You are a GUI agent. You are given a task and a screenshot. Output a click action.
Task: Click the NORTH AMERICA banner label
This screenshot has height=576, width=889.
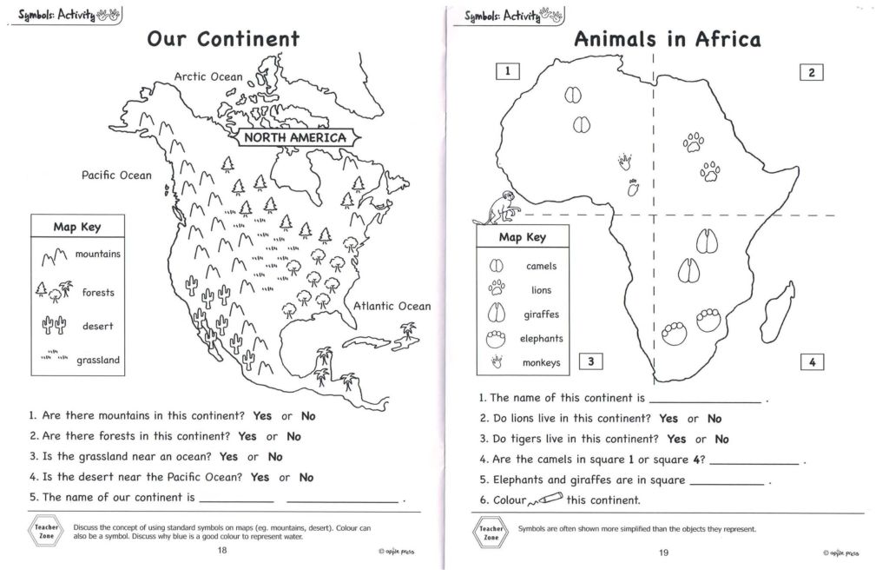coord(294,137)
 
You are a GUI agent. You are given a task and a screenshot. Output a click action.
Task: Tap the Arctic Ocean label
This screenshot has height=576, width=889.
coord(208,76)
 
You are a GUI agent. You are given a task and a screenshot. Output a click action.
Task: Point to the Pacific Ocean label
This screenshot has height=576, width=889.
coord(116,175)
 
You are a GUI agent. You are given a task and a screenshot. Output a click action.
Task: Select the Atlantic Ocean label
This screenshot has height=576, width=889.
coord(392,306)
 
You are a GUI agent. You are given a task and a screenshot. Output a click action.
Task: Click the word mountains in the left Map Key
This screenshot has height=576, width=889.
coord(98,255)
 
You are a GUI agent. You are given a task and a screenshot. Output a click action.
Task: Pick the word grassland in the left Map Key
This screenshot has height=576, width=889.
coord(98,360)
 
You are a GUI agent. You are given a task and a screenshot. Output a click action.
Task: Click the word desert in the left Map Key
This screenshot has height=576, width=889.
coord(98,327)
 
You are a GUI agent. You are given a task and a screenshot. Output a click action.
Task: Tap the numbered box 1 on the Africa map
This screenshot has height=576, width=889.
coord(507,71)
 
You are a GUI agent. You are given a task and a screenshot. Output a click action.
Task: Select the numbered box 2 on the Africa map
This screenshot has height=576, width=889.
coord(811,73)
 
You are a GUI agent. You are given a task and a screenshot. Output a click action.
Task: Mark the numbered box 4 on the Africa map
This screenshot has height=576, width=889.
coord(811,362)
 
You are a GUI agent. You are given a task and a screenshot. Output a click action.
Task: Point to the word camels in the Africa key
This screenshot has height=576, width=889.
coord(542,267)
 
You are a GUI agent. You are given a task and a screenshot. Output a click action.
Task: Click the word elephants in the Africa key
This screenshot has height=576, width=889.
coord(542,339)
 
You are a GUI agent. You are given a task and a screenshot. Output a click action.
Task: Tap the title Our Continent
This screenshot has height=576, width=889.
coord(223,39)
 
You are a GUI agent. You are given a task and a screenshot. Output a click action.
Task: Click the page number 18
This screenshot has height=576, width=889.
coord(223,551)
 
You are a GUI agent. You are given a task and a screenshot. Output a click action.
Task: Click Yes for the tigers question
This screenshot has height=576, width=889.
coord(676,440)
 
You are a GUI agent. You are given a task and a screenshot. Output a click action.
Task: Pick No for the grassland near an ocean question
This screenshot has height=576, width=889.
coord(275,457)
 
